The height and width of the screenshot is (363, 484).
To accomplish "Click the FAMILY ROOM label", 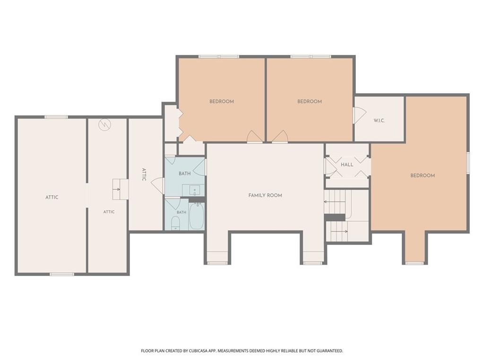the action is tap(265, 195).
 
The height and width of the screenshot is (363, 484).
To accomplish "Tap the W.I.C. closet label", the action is tap(379, 121).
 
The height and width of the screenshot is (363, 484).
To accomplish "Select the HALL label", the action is tap(347, 165).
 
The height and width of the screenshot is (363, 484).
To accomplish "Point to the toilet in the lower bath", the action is tap(175, 223).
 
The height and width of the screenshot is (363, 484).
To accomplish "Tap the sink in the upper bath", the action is tap(194, 190).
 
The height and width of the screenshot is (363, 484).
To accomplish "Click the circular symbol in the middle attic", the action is tap(104, 125).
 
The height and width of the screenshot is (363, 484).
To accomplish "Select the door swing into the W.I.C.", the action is tap(360, 115).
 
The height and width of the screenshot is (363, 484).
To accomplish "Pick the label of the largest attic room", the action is tap(52, 198).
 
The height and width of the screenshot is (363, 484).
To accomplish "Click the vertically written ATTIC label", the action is tap(144, 174).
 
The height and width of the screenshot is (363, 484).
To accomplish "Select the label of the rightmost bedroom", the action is tap(423, 176).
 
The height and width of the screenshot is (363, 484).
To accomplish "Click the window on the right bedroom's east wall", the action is tap(468, 163).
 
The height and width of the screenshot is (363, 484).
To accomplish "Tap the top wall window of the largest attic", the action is tap(56, 117).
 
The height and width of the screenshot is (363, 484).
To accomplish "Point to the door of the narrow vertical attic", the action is tap(158, 186).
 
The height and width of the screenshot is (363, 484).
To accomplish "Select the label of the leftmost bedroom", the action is tap(222, 102).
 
